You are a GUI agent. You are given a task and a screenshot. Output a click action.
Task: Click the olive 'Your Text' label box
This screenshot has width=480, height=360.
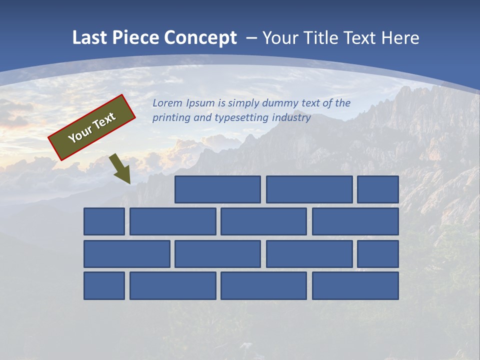pos(92,127)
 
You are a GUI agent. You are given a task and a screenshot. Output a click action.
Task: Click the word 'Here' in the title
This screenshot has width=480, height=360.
pos(400,38)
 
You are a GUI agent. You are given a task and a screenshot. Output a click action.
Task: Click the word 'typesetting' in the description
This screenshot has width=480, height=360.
pos(241,118)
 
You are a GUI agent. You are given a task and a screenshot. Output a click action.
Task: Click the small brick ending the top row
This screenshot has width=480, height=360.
pos(378,189)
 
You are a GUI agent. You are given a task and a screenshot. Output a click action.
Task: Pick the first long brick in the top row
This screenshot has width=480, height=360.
pos(217,189)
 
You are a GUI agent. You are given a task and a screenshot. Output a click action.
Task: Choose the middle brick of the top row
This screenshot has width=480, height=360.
pos(309,189)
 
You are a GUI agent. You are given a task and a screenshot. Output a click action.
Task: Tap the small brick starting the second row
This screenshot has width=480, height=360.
pos(104,221)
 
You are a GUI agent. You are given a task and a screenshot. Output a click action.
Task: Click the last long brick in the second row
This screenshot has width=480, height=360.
pos(355,221)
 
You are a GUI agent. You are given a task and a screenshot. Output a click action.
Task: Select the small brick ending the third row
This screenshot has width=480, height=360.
pos(378,254)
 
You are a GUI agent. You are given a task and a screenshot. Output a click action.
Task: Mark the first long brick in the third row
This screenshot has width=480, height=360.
pos(126,254)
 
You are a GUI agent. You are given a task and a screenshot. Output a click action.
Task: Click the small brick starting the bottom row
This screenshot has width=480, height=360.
pos(104,286)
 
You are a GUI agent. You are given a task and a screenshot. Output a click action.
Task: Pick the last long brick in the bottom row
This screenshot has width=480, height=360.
pos(355,286)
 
